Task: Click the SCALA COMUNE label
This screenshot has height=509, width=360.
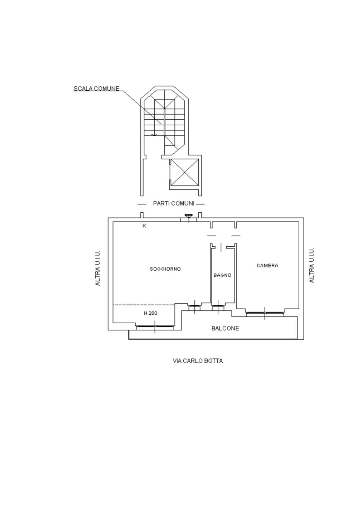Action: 97,89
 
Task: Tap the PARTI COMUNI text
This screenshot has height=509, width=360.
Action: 174,203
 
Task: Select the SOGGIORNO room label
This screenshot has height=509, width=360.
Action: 165,269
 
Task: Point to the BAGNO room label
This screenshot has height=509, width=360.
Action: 222,275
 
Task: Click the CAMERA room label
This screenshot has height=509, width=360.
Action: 267,265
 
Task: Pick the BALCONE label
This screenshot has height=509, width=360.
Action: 225,328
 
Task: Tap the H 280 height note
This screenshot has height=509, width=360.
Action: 151,313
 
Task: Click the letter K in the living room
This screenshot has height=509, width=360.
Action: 144,226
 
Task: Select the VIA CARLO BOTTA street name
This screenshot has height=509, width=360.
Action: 198,361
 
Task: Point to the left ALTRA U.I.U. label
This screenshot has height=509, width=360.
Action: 98,268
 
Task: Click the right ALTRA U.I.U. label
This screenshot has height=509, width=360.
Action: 312,265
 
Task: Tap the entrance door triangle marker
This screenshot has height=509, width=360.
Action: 188,216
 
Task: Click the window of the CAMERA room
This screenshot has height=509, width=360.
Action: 265,313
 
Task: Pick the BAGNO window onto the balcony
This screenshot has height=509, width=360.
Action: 218,306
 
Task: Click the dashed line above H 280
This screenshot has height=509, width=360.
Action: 144,304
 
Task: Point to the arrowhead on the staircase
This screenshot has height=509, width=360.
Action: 154,135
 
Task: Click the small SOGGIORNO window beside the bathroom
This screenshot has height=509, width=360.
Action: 195,306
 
